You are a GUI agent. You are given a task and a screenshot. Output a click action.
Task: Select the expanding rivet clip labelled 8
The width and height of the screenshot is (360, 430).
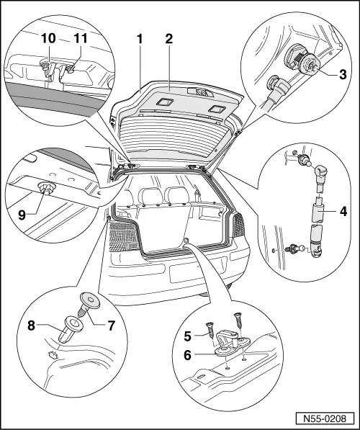[73, 326]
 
